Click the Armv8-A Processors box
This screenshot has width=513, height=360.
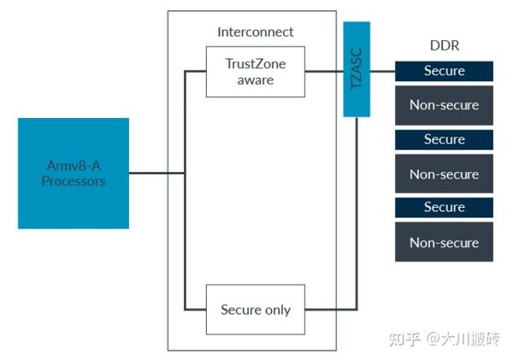point(73,173)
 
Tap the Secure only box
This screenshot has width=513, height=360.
point(255,310)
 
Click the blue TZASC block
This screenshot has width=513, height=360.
point(355,69)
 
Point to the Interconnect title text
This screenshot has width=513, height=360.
point(255,32)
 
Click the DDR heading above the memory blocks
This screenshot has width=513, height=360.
point(443,44)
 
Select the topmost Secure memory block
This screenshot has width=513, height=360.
point(444,71)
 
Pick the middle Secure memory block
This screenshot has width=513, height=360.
point(444,139)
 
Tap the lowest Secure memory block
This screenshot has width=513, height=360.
point(444,208)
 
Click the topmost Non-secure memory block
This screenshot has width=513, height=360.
point(444,105)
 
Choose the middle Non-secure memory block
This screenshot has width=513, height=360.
point(444,174)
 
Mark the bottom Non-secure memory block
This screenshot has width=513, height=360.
point(444,243)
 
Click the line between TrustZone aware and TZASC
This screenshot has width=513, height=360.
point(324,72)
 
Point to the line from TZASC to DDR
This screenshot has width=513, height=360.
point(381,71)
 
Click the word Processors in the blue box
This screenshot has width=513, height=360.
point(74,181)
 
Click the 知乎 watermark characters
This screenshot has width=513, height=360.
point(403,339)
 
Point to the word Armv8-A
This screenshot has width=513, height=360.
point(74,165)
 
